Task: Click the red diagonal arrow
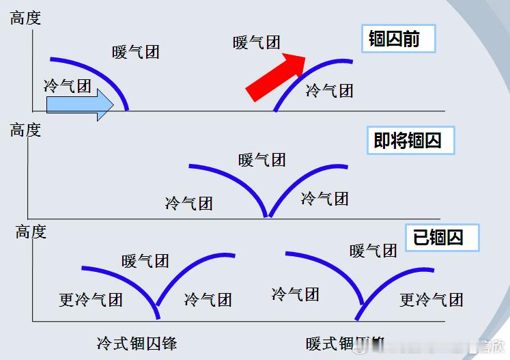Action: pos(276,76)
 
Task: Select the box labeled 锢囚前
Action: pos(397,40)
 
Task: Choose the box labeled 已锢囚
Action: pos(442,237)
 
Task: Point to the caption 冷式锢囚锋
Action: pos(137,342)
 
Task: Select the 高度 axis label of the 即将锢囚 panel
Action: pos(25,130)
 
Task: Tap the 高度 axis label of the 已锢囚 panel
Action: pos(31,232)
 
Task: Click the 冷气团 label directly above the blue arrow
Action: pos(67,85)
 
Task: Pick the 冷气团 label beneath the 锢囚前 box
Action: pos(329,90)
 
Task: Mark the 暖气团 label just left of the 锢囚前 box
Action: pos(257,42)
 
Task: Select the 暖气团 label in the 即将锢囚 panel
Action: pos(262,160)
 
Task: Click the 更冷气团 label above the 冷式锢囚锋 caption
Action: pos(90,299)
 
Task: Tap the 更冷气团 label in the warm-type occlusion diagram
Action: pos(431,299)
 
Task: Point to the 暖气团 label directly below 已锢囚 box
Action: pos(373,251)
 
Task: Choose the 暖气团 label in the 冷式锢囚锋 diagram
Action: pos(145,261)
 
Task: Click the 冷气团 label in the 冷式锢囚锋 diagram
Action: pos(208,299)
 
